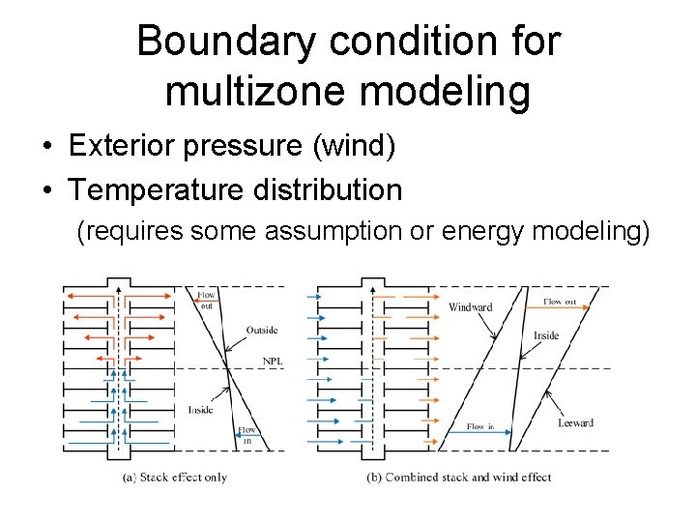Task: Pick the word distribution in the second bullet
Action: pos(326,189)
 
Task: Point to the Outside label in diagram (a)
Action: pos(261,330)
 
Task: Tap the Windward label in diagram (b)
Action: pos(471,307)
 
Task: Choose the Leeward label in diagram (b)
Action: pos(575,422)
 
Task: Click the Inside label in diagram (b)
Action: pos(546,335)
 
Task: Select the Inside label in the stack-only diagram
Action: pos(201,410)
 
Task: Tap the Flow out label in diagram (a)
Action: pos(207,300)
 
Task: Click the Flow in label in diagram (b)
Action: pos(480,426)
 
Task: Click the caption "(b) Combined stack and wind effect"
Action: pos(459,477)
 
